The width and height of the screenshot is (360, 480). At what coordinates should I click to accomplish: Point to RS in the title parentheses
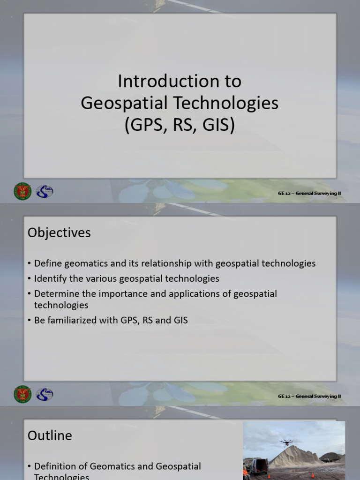click(183, 125)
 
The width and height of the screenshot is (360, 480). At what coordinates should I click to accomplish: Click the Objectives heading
click(59, 232)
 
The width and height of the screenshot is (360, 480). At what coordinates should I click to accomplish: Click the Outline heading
click(50, 435)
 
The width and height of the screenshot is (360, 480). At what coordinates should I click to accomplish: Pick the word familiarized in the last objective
click(75, 321)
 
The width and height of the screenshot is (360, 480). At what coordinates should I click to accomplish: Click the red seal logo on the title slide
click(22, 191)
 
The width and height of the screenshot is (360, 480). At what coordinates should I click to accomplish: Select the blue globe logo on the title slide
click(45, 191)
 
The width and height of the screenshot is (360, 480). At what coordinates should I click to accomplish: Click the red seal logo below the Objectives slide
click(22, 394)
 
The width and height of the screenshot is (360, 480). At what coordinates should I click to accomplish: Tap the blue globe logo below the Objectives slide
click(45, 394)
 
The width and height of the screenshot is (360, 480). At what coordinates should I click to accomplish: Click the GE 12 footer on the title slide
click(309, 193)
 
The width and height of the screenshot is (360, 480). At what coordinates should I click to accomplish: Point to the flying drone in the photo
click(285, 442)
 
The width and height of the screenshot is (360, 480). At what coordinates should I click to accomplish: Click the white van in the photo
click(259, 467)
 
